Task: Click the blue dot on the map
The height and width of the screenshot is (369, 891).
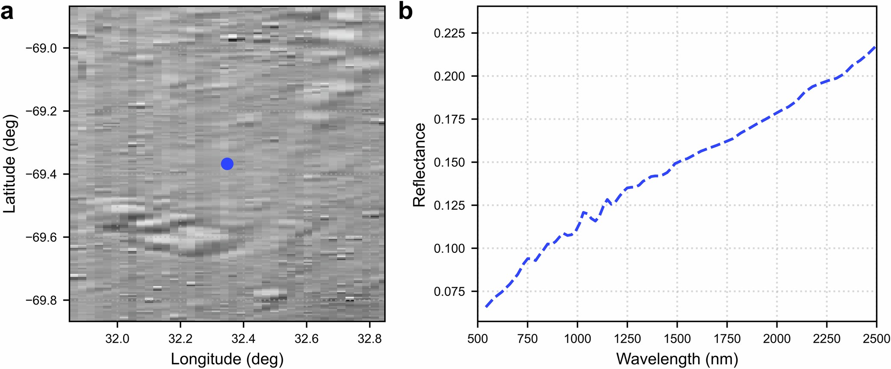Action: [227, 164]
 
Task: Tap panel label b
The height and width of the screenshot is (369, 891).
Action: [405, 12]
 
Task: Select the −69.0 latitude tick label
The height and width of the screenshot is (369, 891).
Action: [41, 48]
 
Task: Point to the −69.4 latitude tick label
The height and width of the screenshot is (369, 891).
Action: [41, 174]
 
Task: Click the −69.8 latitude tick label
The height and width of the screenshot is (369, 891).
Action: [41, 300]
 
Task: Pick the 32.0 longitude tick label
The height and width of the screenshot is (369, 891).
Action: [117, 339]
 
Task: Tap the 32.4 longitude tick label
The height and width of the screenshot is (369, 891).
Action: [243, 339]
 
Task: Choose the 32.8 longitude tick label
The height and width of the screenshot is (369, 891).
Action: [369, 339]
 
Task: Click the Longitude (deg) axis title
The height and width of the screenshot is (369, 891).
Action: [227, 359]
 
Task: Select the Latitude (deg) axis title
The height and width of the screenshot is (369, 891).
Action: [9, 164]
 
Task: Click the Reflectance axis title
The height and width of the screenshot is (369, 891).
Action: [419, 165]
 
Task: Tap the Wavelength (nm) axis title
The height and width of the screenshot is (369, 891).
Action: [677, 359]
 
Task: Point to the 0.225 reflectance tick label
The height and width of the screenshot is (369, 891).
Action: [449, 33]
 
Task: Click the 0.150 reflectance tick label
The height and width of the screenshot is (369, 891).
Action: [449, 162]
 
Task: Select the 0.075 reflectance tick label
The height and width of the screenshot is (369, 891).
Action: [449, 291]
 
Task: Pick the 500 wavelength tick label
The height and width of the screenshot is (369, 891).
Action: [478, 339]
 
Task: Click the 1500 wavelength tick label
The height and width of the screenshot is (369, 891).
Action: [677, 339]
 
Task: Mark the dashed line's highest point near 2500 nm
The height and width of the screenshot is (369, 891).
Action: [876, 47]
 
